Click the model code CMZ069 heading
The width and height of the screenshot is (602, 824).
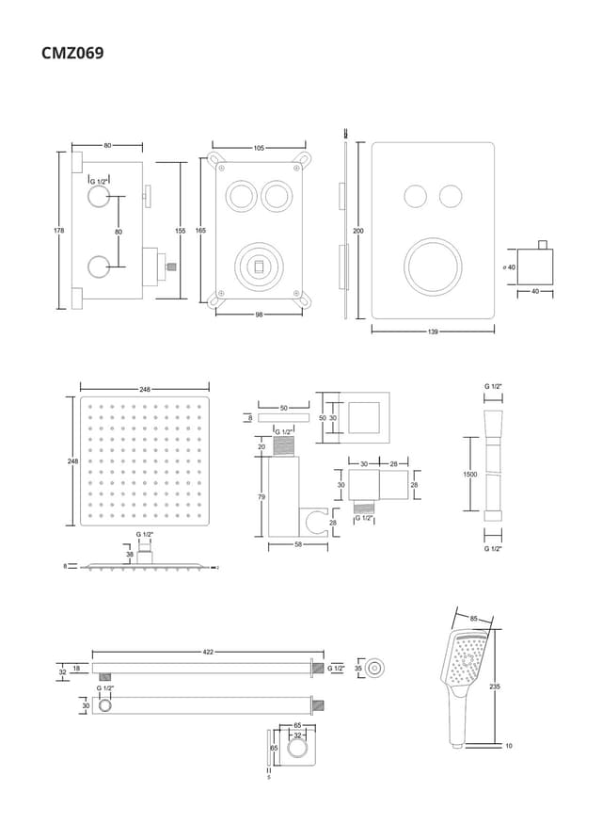click(x=72, y=53)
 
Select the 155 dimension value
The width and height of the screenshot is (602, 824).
click(x=180, y=231)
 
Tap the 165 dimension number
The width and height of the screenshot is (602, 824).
click(x=200, y=231)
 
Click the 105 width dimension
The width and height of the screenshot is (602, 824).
click(x=259, y=148)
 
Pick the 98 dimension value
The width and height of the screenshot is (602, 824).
click(x=259, y=315)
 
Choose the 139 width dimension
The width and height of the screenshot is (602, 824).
click(x=433, y=331)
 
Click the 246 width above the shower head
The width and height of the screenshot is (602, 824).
click(x=144, y=388)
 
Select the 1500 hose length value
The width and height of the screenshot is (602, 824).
click(x=470, y=475)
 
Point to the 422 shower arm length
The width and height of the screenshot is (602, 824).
click(x=207, y=652)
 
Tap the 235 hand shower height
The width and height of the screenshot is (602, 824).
click(x=495, y=687)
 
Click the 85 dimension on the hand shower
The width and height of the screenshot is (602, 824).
click(x=473, y=619)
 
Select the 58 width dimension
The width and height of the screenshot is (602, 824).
click(x=297, y=545)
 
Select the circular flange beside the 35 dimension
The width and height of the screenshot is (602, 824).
click(x=375, y=668)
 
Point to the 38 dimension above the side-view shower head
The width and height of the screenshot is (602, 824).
click(x=130, y=555)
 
